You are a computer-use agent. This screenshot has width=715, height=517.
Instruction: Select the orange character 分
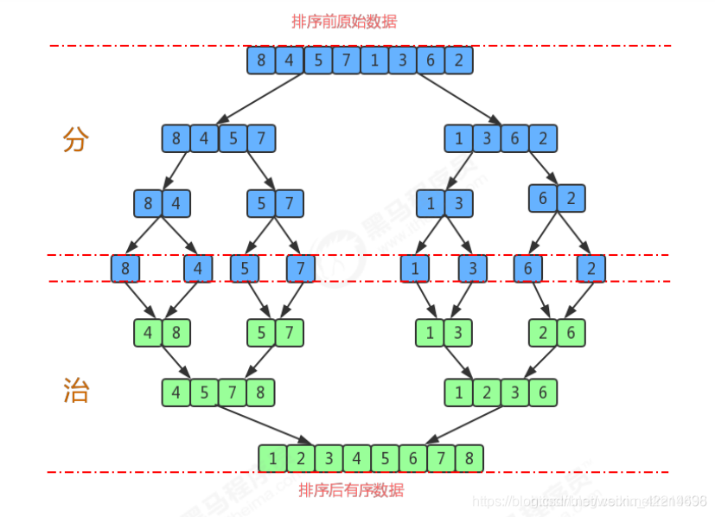(76, 139)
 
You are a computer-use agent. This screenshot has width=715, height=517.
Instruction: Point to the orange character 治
(76, 391)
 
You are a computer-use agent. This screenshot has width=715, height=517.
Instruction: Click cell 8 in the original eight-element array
(262, 61)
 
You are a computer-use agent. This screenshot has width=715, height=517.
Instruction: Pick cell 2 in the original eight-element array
(459, 61)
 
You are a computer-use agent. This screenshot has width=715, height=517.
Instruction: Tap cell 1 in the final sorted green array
(273, 457)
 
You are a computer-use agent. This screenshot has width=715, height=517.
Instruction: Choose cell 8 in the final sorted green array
(469, 457)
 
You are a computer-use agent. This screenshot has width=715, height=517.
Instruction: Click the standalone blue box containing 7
(301, 269)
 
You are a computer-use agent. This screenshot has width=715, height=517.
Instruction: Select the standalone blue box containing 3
(473, 269)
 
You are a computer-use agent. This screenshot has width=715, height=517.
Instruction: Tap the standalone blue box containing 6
(528, 269)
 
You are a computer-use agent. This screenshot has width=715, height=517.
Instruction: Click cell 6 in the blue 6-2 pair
(543, 198)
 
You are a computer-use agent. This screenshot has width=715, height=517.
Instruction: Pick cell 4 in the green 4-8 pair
(149, 332)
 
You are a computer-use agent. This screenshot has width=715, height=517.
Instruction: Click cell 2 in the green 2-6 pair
(543, 332)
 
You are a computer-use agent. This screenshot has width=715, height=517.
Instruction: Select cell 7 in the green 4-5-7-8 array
(233, 392)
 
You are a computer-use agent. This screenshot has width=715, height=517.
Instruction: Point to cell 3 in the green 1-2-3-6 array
(515, 392)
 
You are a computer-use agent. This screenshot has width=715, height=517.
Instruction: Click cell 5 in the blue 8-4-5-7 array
(233, 138)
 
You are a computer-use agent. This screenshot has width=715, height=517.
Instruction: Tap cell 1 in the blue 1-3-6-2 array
(459, 138)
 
